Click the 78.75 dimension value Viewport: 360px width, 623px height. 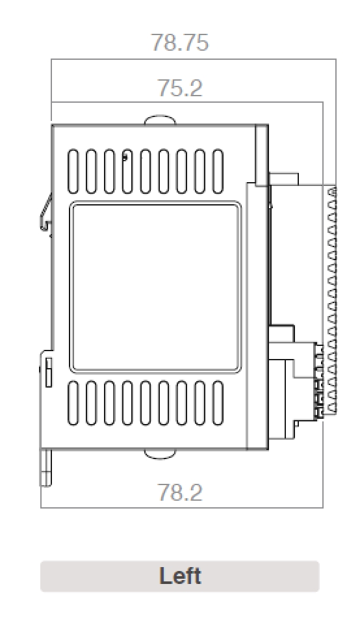[x=180, y=43]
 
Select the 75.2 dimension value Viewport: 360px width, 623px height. [x=180, y=88]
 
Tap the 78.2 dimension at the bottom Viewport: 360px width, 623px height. [x=180, y=492]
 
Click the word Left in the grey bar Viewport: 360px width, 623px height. [x=180, y=576]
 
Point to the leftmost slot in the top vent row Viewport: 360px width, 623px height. [x=73, y=172]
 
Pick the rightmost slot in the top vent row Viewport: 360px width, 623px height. [x=218, y=172]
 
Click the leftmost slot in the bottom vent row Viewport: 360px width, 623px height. [x=73, y=403]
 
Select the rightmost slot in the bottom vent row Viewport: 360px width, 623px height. [x=218, y=403]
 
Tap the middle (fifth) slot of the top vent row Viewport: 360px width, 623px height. [x=146, y=172]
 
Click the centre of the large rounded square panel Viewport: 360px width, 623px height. [x=155, y=287]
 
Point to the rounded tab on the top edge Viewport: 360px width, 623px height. [x=159, y=120]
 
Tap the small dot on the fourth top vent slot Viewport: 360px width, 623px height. [x=125, y=156]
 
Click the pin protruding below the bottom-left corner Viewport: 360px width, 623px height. [x=45, y=467]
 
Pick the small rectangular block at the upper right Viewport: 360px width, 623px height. [x=284, y=179]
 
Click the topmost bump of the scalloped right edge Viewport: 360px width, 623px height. [x=332, y=193]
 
